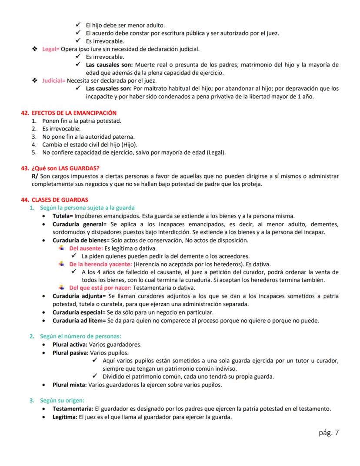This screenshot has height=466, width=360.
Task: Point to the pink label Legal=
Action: (x=51, y=49)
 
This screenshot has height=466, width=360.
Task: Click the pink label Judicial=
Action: (x=54, y=80)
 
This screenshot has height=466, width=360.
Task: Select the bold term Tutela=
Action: (x=63, y=216)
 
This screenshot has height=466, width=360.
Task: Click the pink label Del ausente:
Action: (x=86, y=248)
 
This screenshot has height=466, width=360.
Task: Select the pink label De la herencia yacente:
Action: (x=100, y=264)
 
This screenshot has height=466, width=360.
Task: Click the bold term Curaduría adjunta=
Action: (x=80, y=296)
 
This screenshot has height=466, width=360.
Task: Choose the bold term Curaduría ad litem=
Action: (x=79, y=321)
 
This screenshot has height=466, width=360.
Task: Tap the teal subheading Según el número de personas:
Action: (x=80, y=336)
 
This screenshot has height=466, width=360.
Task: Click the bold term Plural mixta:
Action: (x=70, y=385)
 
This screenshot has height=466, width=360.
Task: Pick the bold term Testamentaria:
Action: (x=73, y=409)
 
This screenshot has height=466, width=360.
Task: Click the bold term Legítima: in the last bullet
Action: (x=66, y=417)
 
